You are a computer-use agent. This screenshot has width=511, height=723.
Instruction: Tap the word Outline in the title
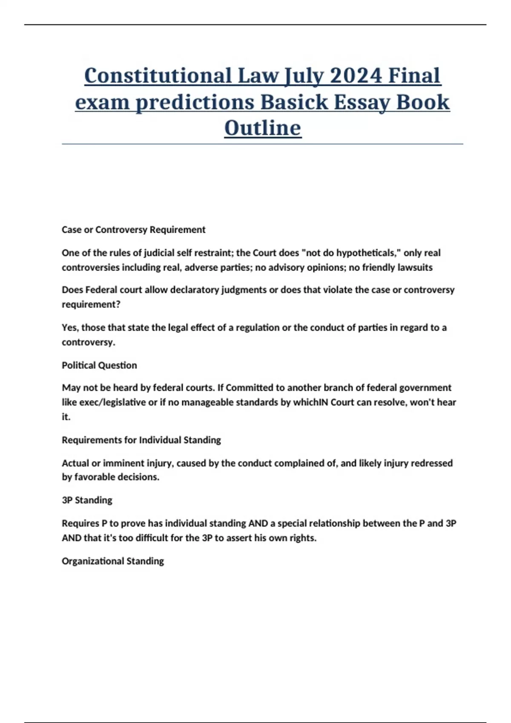(263, 128)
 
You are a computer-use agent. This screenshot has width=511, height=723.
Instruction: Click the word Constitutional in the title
(158, 76)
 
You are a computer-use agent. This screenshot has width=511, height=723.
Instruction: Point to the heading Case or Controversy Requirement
(133, 230)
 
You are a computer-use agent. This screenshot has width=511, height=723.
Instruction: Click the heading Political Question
(99, 365)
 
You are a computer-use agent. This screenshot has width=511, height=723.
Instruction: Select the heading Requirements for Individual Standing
(141, 440)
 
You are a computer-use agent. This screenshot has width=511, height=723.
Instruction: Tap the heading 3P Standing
(87, 500)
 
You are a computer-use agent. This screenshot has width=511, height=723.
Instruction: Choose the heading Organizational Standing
(112, 561)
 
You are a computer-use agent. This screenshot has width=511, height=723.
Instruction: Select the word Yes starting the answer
(69, 327)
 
